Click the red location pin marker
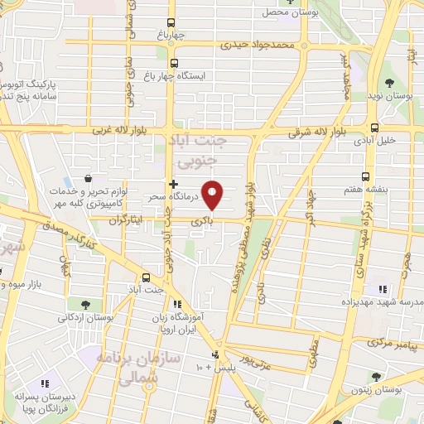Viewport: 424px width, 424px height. click(x=213, y=195)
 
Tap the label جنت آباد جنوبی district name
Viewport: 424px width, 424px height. click(x=202, y=148)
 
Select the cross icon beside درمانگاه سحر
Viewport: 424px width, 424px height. click(x=172, y=184)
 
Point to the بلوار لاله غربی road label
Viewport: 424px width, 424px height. click(x=128, y=131)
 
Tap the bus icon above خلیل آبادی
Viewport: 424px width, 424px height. click(x=375, y=128)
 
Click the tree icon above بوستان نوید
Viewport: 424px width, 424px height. click(x=390, y=83)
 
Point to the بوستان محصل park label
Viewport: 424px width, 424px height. click(x=275, y=12)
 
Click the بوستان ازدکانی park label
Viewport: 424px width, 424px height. click(x=85, y=317)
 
